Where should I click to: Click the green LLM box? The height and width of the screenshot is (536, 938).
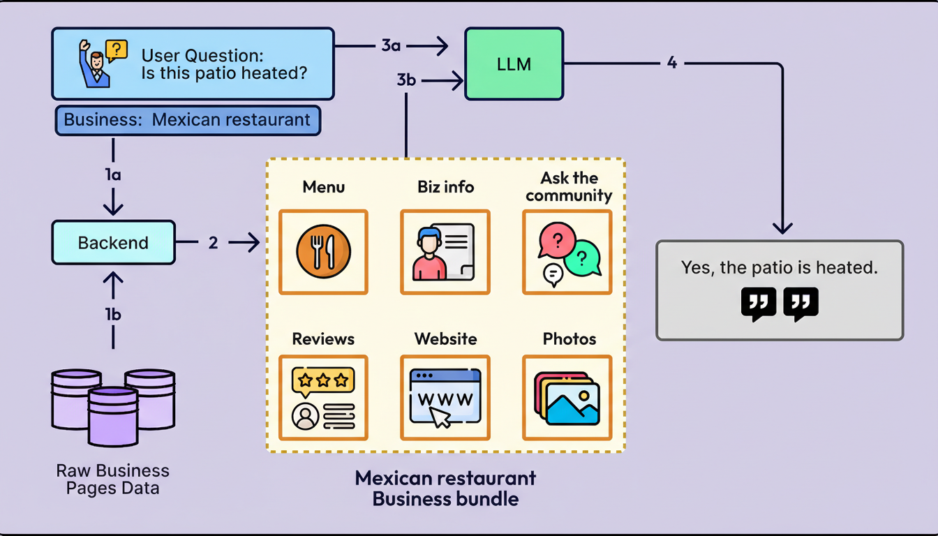coord(514,64)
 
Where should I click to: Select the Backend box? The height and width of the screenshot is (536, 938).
coord(113,243)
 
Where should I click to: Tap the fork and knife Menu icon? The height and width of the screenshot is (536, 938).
coord(323,252)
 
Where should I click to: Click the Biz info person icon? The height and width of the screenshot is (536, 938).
coord(445,252)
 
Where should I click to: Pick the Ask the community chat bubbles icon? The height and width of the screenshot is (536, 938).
coord(567,252)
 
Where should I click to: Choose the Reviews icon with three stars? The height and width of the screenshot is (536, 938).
coord(323,398)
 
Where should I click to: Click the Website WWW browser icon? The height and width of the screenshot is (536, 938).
coord(445,398)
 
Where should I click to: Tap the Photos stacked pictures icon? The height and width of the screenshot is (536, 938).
coord(567,398)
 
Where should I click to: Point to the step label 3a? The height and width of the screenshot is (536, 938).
coord(391,46)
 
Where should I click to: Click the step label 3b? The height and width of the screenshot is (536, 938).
coord(406,80)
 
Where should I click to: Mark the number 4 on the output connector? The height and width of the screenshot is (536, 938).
coord(671,63)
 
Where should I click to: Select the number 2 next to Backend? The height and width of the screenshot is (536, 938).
coord(213,243)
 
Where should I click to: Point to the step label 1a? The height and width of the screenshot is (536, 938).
coord(113,175)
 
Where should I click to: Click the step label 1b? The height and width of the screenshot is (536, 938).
coord(113,315)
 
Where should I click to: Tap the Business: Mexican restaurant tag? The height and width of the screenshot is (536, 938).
coord(187,120)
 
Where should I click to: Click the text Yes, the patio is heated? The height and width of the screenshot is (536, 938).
coord(779,267)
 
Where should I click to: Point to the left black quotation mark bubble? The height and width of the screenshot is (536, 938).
coord(758,304)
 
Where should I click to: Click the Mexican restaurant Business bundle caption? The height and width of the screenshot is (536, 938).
coord(445,489)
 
